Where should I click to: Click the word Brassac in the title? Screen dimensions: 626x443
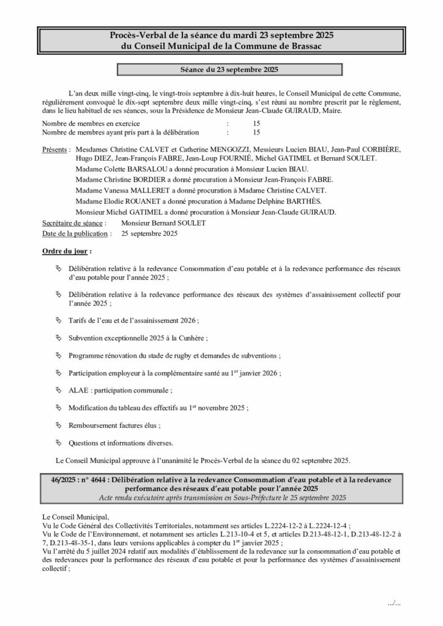click(x=308, y=46)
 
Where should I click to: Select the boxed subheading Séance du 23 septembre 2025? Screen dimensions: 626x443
click(x=221, y=70)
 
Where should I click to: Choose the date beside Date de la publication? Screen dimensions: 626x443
click(x=150, y=233)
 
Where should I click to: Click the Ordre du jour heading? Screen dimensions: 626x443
click(x=66, y=251)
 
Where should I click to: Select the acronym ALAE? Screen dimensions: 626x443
click(x=79, y=389)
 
